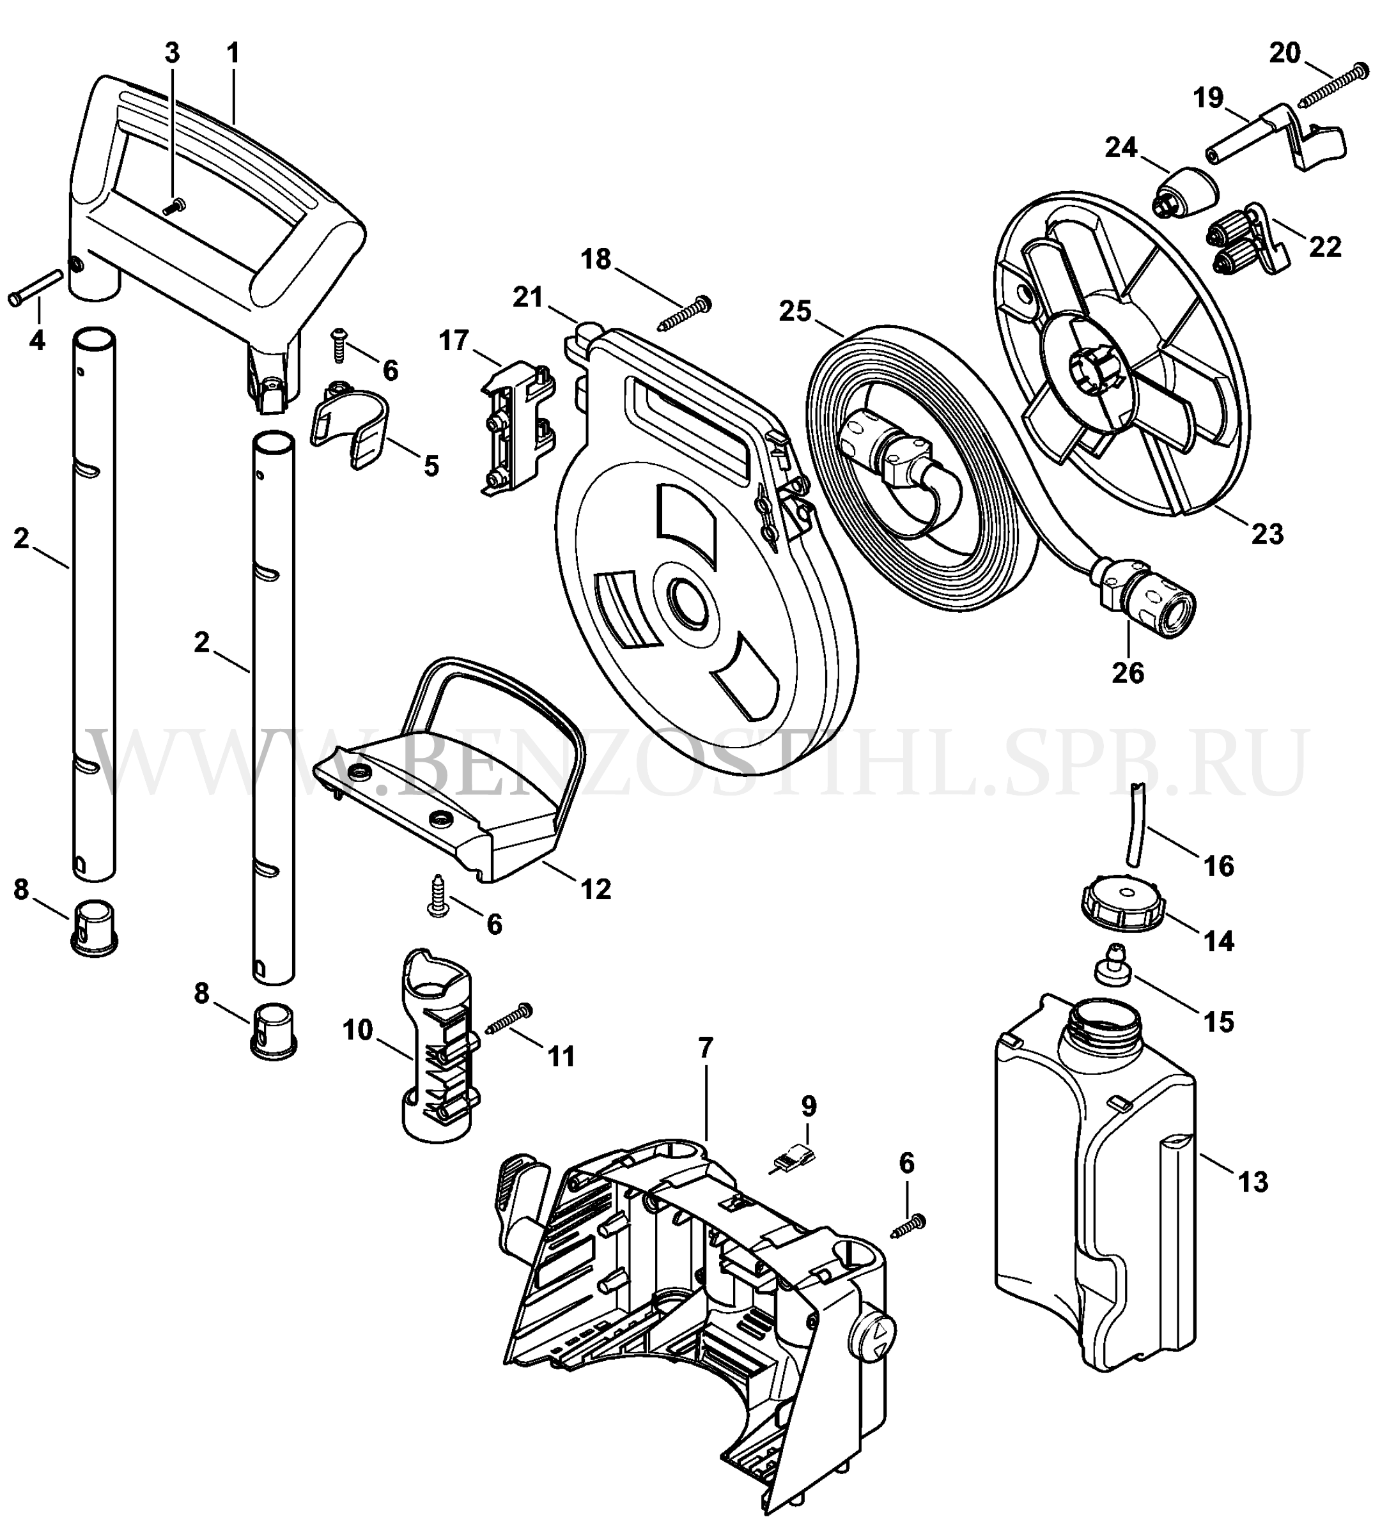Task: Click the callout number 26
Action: (1128, 672)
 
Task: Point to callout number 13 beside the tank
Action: (1252, 1181)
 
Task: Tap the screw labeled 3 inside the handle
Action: (174, 204)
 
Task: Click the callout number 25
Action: (796, 311)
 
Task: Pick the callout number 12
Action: (596, 889)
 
